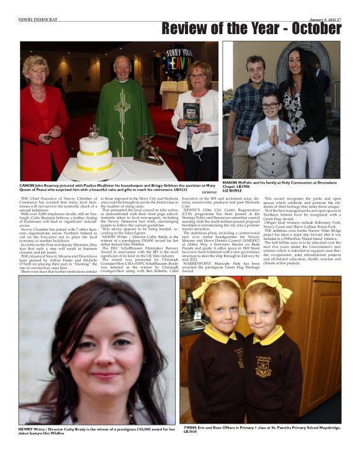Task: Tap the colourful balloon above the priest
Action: (178, 61)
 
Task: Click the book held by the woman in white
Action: (191, 115)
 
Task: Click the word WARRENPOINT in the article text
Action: (197, 252)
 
